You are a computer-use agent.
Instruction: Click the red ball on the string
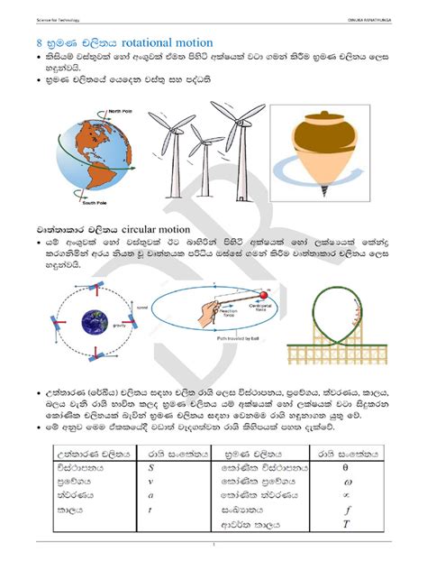click(x=264, y=294)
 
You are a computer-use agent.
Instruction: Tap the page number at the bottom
click(x=213, y=546)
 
